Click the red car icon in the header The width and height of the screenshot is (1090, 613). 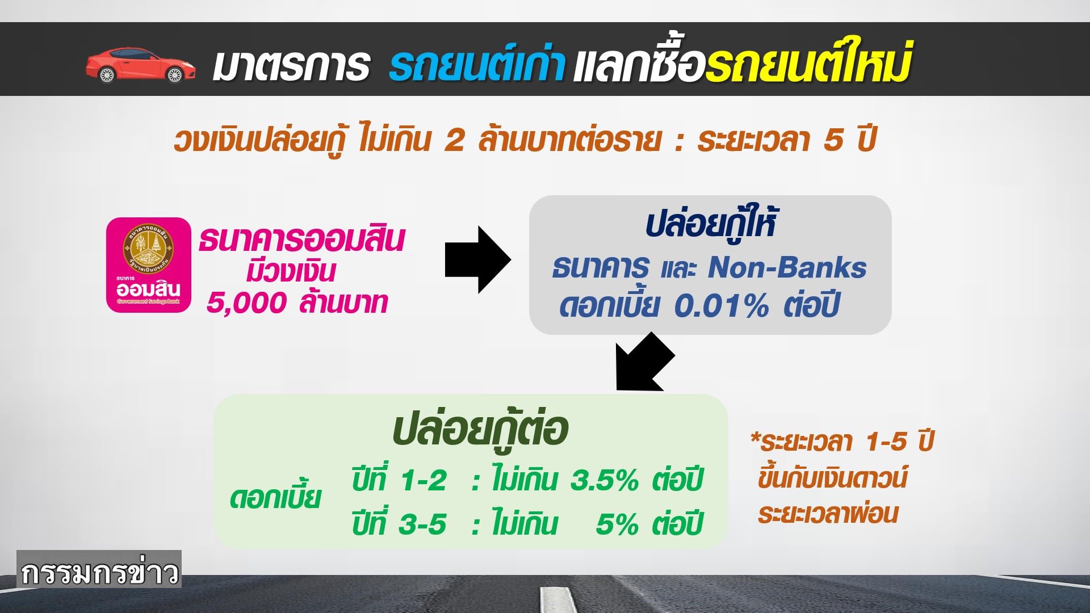click(141, 65)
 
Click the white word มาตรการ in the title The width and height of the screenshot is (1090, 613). click(291, 66)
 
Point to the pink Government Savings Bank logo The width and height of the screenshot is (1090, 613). click(149, 265)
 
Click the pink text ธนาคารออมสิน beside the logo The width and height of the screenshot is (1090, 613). click(301, 239)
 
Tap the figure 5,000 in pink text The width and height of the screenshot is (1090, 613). click(246, 303)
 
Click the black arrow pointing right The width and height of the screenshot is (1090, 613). click(478, 259)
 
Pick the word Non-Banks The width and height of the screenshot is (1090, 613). click(787, 267)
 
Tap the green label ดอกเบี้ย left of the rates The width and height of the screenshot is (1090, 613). click(275, 498)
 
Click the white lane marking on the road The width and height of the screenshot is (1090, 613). click(559, 599)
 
